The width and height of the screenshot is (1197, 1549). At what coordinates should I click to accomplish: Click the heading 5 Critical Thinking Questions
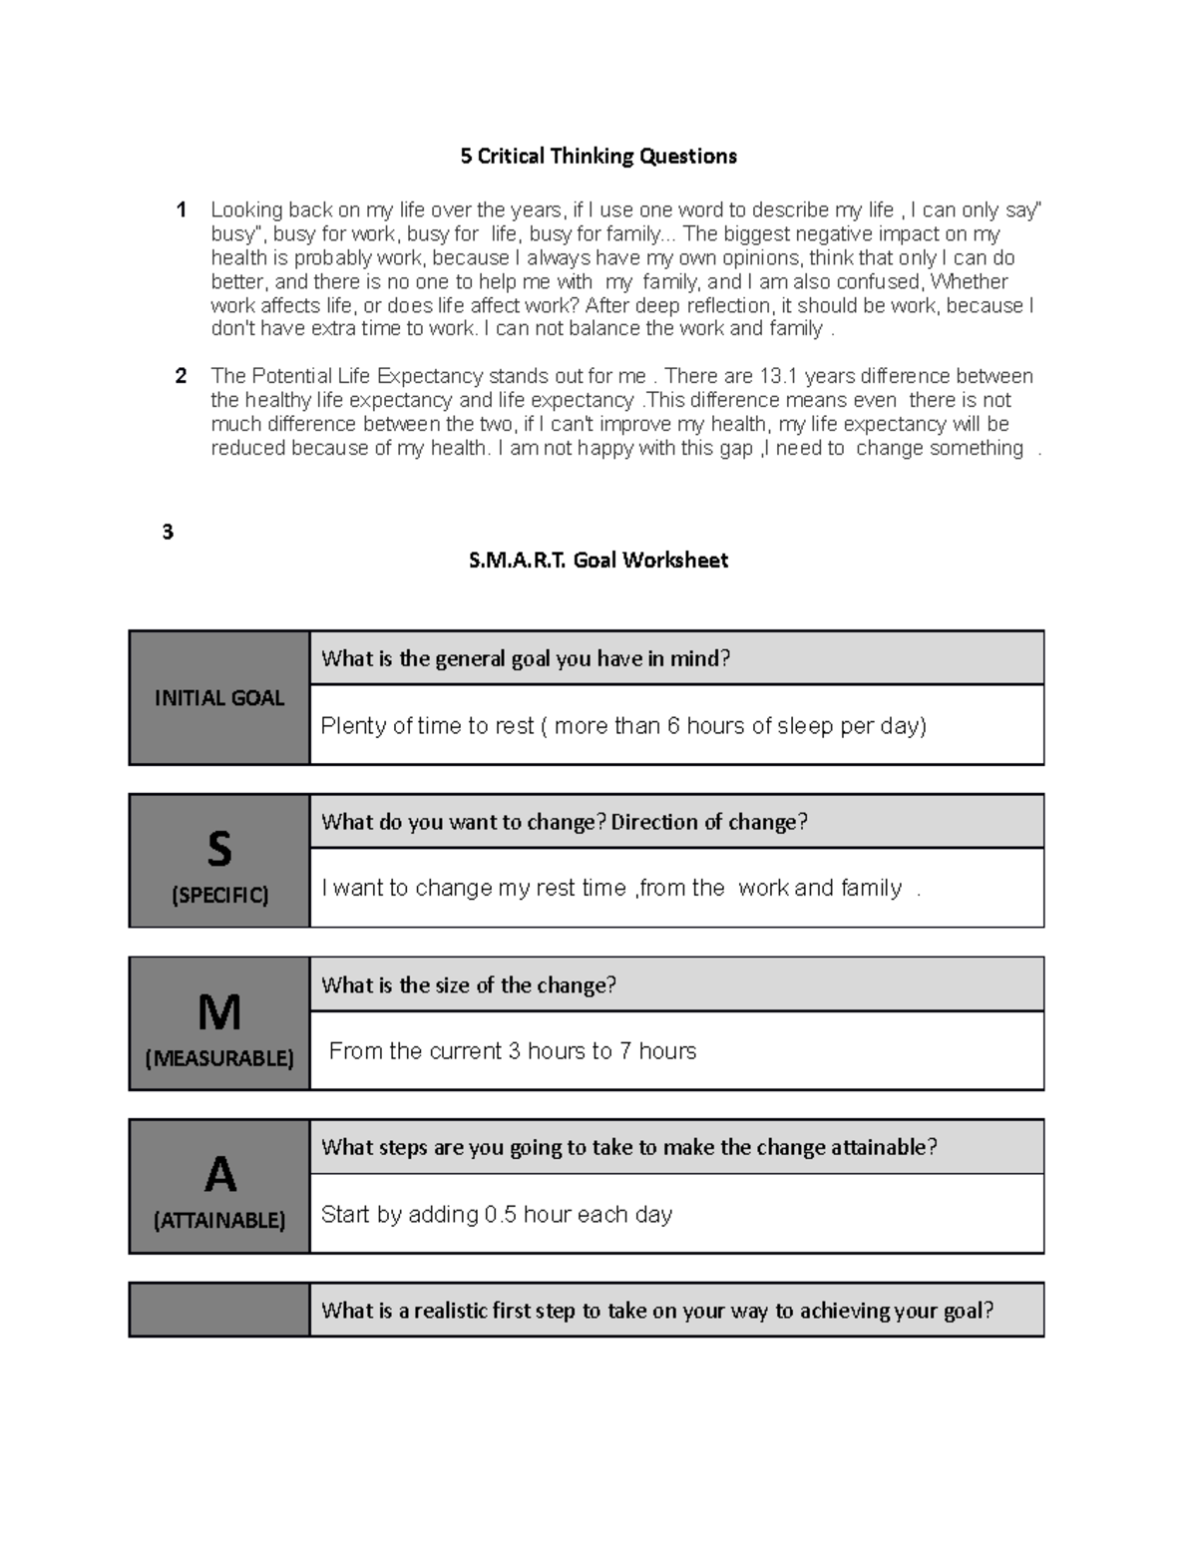(598, 156)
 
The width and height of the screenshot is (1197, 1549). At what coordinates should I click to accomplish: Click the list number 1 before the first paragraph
(181, 209)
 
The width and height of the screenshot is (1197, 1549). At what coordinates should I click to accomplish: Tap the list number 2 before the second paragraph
(181, 376)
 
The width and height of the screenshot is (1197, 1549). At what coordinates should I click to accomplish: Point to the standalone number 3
(168, 532)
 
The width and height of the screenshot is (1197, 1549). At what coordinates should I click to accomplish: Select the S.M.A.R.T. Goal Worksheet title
(598, 561)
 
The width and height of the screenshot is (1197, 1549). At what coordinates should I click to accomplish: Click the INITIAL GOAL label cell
(219, 698)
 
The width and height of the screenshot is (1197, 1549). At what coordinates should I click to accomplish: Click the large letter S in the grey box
(219, 849)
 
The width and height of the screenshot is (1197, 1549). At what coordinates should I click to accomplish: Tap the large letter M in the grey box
(219, 1012)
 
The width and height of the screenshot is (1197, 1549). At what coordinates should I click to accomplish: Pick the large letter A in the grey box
(219, 1174)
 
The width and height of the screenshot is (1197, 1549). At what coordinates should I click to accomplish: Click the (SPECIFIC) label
(219, 895)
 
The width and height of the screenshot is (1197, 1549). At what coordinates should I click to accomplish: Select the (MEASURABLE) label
(219, 1057)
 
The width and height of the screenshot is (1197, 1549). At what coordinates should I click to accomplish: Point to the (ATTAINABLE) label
(219, 1220)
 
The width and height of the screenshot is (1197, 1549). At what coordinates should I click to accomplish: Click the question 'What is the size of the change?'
(469, 985)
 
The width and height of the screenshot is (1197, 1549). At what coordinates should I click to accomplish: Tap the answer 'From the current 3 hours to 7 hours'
(512, 1051)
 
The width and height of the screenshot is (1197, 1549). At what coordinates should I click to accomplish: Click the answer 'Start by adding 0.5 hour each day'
(497, 1214)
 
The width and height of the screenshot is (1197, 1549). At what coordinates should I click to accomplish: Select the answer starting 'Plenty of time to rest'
(623, 726)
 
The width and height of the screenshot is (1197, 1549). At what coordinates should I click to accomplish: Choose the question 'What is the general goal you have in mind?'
(526, 658)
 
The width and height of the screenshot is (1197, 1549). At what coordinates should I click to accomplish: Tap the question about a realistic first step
(657, 1311)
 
